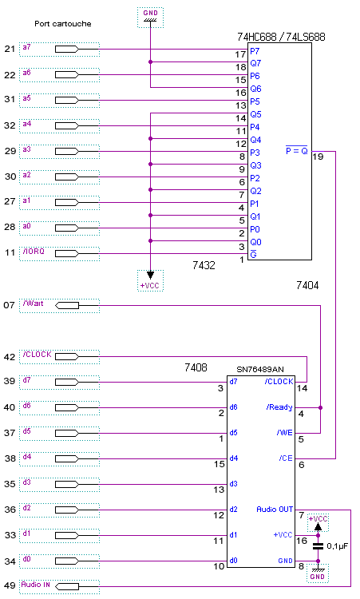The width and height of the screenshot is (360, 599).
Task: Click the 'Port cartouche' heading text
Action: (x=62, y=24)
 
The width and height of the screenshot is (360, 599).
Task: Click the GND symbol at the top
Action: (x=150, y=18)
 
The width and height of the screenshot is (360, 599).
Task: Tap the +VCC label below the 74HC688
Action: (x=149, y=285)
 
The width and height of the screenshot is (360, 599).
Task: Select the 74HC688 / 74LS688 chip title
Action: (x=281, y=37)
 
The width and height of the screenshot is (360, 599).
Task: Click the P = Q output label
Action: (x=297, y=150)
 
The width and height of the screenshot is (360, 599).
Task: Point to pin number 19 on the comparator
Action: (x=318, y=157)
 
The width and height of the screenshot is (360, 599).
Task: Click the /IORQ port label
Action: (x=34, y=252)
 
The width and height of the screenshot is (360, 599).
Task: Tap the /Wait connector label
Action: (x=33, y=303)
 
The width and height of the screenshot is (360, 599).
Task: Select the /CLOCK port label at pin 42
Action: (x=37, y=355)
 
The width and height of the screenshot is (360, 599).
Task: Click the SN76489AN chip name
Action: (x=260, y=370)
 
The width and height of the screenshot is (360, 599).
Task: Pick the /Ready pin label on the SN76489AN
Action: (x=279, y=407)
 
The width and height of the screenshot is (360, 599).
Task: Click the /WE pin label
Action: (x=285, y=433)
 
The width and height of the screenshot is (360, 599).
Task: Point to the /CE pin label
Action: (x=286, y=458)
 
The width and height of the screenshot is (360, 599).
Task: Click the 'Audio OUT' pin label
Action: (x=275, y=510)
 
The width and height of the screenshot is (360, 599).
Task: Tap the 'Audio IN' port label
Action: (x=35, y=585)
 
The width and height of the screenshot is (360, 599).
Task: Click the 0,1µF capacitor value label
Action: (x=338, y=546)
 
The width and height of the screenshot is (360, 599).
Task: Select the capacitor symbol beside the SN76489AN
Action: (x=318, y=546)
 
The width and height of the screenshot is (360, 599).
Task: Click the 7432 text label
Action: (x=204, y=265)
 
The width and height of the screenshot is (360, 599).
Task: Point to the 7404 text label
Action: (x=307, y=285)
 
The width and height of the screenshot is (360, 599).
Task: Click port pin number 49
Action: (x=10, y=585)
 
